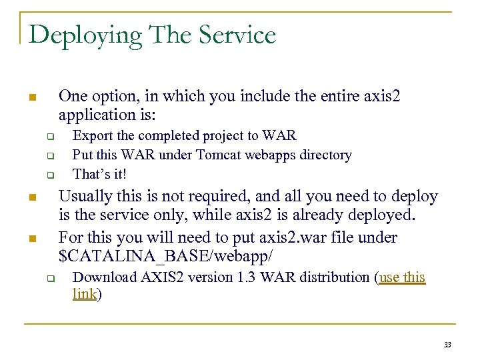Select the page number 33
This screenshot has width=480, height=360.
(x=447, y=344)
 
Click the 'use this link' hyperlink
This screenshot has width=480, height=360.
(x=402, y=277)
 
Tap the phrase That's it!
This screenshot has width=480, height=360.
(x=99, y=174)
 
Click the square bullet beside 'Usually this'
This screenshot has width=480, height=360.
(x=31, y=198)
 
